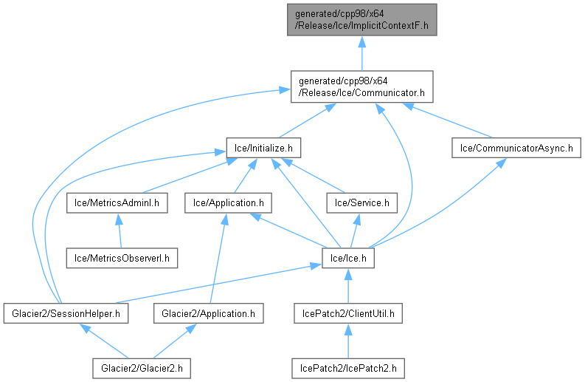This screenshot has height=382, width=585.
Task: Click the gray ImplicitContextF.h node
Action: coord(361,20)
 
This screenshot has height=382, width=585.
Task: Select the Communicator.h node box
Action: coord(361,86)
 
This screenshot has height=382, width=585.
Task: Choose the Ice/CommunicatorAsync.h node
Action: coord(516,148)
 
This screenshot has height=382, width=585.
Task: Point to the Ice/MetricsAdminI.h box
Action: coord(118,201)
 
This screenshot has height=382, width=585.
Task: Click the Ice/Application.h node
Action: coord(229,201)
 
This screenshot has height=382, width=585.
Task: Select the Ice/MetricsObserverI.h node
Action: coord(118,257)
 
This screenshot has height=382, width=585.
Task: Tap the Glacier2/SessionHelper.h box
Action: coord(66,313)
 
